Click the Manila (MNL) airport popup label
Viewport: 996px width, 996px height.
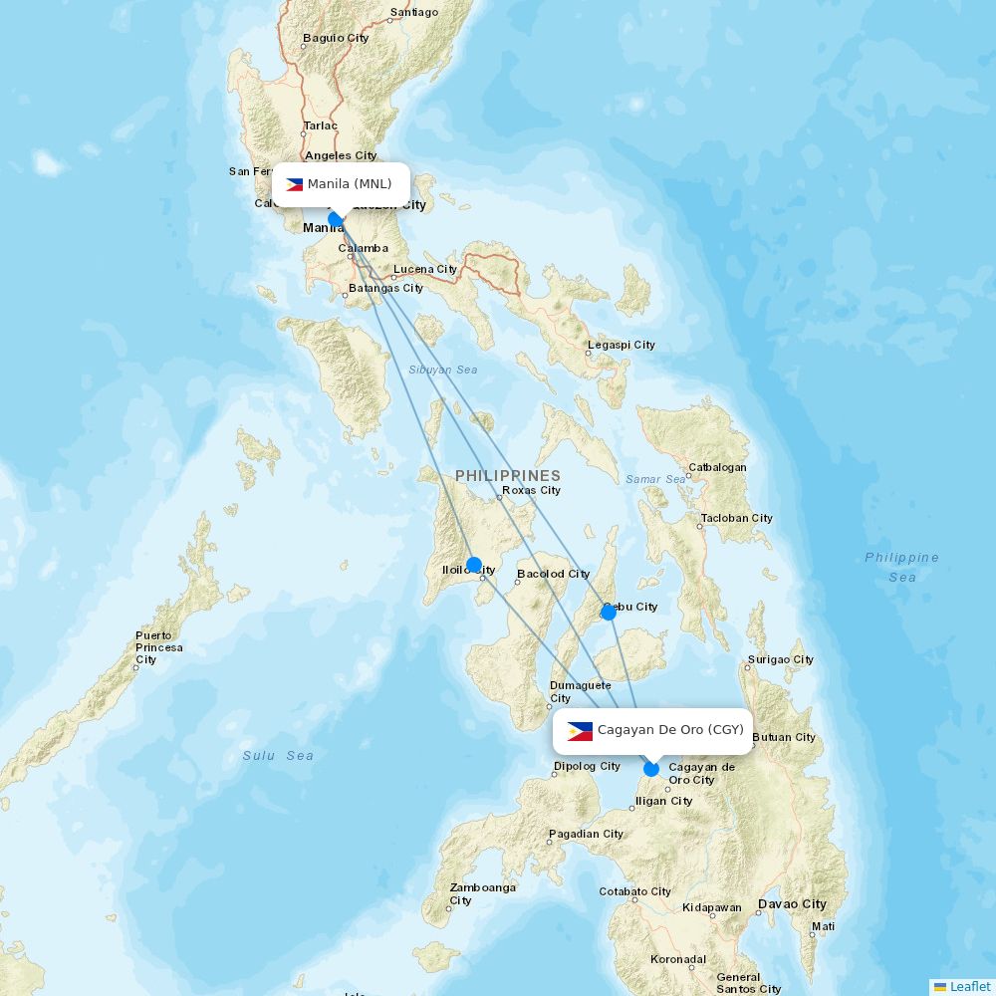point(341,184)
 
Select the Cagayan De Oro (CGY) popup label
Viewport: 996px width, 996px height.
point(652,730)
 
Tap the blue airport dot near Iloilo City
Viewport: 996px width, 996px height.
point(474,565)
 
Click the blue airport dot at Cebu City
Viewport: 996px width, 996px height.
point(609,613)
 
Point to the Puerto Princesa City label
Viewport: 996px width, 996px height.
point(159,647)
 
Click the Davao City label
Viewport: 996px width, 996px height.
point(792,904)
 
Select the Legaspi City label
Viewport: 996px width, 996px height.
point(622,345)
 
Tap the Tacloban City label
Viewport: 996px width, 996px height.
point(737,518)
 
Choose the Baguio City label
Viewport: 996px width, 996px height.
point(336,38)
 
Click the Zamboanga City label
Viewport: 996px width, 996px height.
point(482,893)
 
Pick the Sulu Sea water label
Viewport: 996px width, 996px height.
point(278,756)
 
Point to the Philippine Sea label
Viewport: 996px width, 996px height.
point(901,567)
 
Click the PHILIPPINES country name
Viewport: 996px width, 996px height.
point(508,476)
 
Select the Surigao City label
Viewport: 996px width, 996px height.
point(781,659)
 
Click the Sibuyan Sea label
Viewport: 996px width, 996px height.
point(442,370)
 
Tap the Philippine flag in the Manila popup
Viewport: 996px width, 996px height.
point(294,184)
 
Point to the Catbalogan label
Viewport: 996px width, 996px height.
point(717,467)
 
